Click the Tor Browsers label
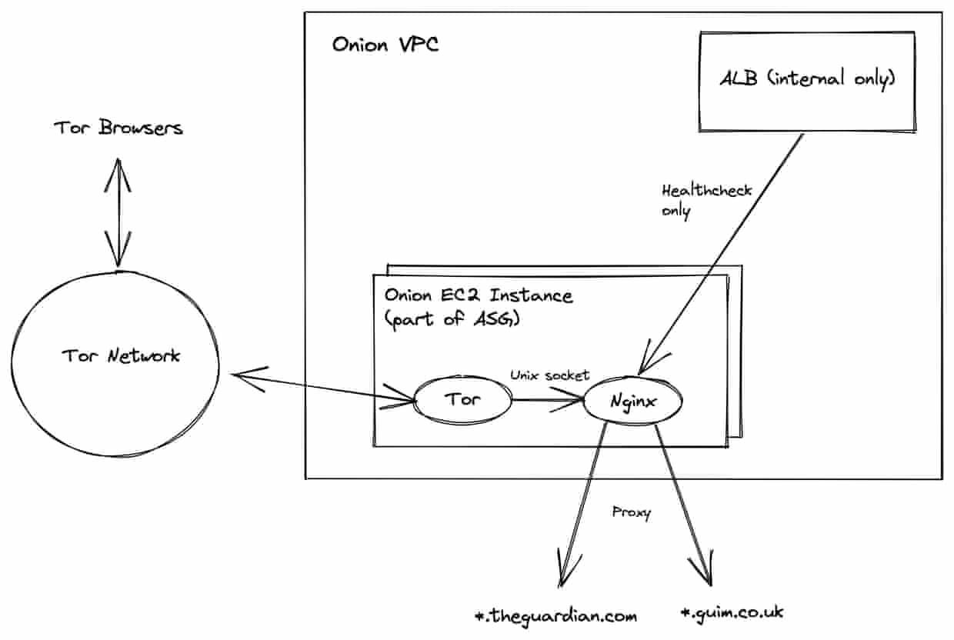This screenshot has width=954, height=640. tap(118, 127)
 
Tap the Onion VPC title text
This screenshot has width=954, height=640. tap(385, 44)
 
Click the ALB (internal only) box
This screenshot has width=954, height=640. tap(806, 79)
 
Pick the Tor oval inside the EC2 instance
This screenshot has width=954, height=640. tap(462, 400)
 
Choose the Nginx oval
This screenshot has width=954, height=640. tap(634, 400)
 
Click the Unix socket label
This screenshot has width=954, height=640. tap(549, 375)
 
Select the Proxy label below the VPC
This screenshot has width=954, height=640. tap(631, 512)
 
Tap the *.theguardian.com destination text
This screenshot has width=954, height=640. tap(557, 616)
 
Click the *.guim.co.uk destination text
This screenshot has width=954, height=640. tap(732, 613)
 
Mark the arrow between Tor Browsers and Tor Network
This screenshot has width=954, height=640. tap(118, 212)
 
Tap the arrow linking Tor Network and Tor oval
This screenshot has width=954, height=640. tap(323, 387)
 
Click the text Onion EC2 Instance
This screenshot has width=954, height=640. tap(478, 295)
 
